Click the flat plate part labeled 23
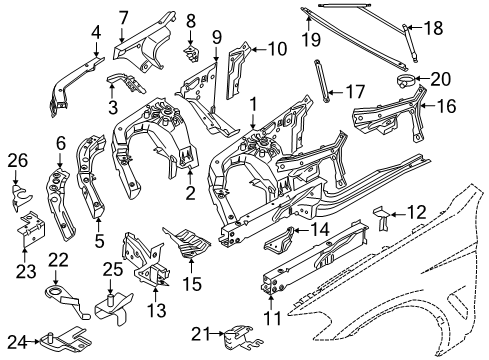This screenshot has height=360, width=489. (x=29, y=226)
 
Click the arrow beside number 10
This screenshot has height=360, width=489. (x=256, y=46)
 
